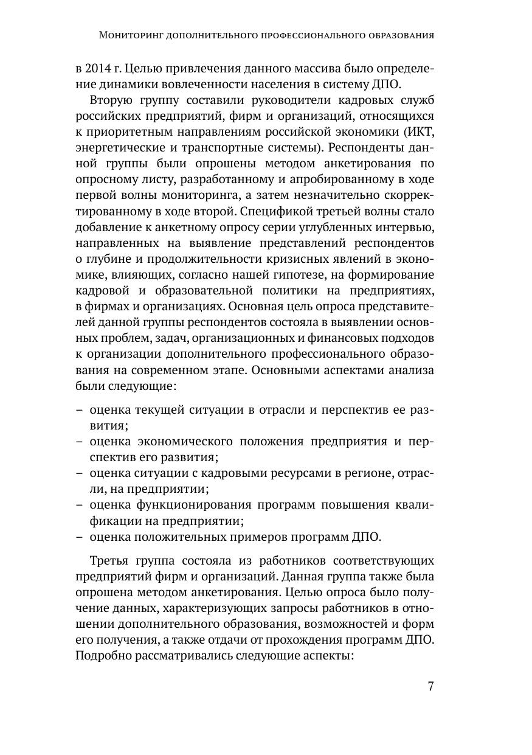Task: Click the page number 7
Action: tap(430, 686)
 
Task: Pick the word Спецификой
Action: tap(279, 211)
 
